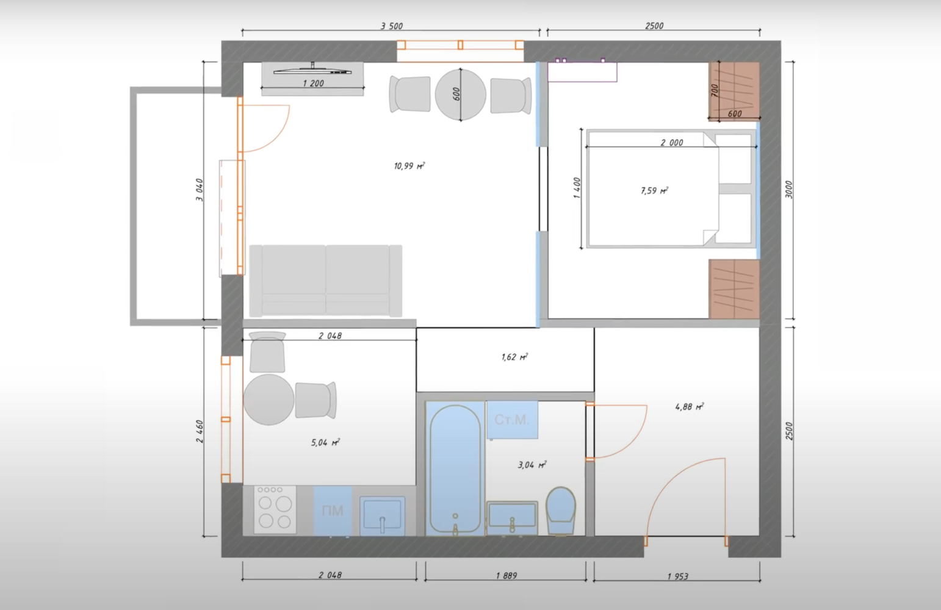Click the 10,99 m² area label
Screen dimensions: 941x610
click(409, 166)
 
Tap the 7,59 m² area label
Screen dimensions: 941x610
click(655, 190)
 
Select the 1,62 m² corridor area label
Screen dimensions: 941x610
click(514, 357)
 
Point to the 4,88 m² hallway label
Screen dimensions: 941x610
click(690, 406)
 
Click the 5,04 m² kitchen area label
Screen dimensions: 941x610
click(325, 442)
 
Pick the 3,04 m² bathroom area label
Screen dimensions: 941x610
click(532, 464)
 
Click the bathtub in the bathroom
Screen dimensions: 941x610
click(455, 468)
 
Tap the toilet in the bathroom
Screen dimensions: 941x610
click(561, 511)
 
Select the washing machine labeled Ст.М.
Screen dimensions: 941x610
click(512, 420)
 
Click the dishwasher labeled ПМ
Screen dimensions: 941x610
click(333, 511)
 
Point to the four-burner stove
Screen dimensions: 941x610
click(275, 510)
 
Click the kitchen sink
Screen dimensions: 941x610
click(382, 516)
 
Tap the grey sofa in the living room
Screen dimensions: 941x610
click(326, 281)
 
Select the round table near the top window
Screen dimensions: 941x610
click(460, 95)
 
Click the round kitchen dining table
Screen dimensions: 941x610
click(269, 400)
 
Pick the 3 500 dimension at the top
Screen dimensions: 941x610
click(392, 26)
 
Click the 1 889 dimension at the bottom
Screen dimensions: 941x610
click(507, 576)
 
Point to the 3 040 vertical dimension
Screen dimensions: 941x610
click(200, 190)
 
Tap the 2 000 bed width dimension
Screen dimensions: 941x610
click(672, 142)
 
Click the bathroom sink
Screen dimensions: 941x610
click(512, 518)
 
